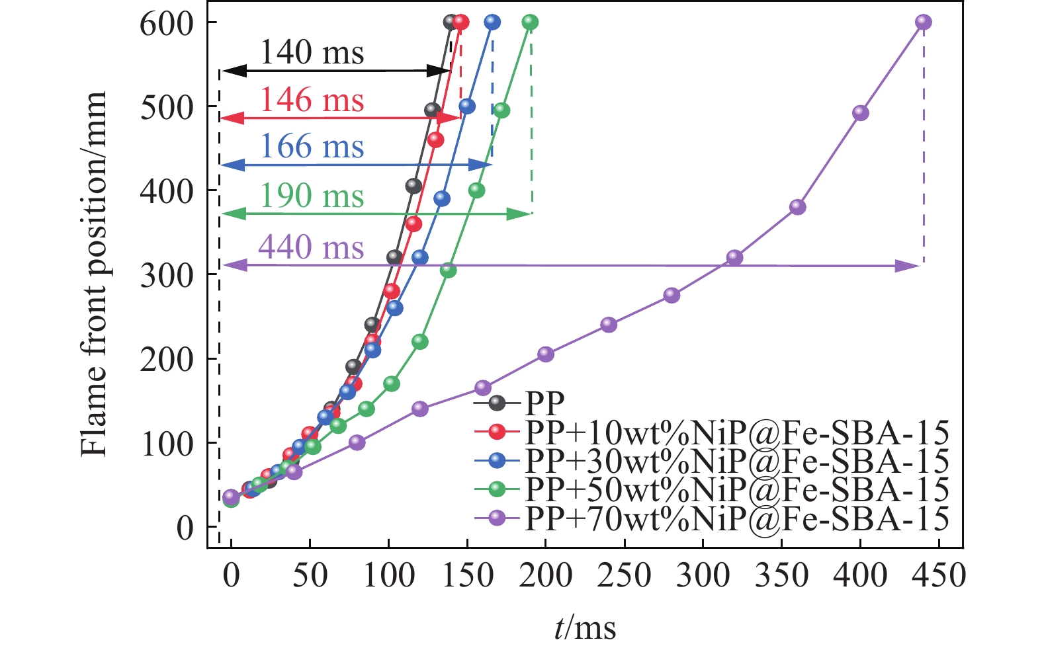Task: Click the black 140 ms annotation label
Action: (x=312, y=52)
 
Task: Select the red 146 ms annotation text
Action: (x=312, y=100)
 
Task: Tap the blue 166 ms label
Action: (x=312, y=146)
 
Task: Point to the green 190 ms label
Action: (x=312, y=196)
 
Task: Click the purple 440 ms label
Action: (x=311, y=247)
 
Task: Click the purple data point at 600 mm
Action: (x=924, y=22)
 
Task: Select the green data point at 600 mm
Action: (x=530, y=22)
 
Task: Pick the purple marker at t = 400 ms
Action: (x=860, y=113)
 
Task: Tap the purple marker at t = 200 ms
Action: (x=546, y=354)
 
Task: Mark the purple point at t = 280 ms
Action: (x=672, y=295)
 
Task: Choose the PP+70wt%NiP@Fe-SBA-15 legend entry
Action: (x=737, y=518)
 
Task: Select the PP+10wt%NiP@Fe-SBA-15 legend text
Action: (x=737, y=432)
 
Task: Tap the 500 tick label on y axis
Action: (x=165, y=107)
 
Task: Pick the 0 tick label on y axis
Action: (x=185, y=528)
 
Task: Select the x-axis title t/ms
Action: (x=585, y=628)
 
